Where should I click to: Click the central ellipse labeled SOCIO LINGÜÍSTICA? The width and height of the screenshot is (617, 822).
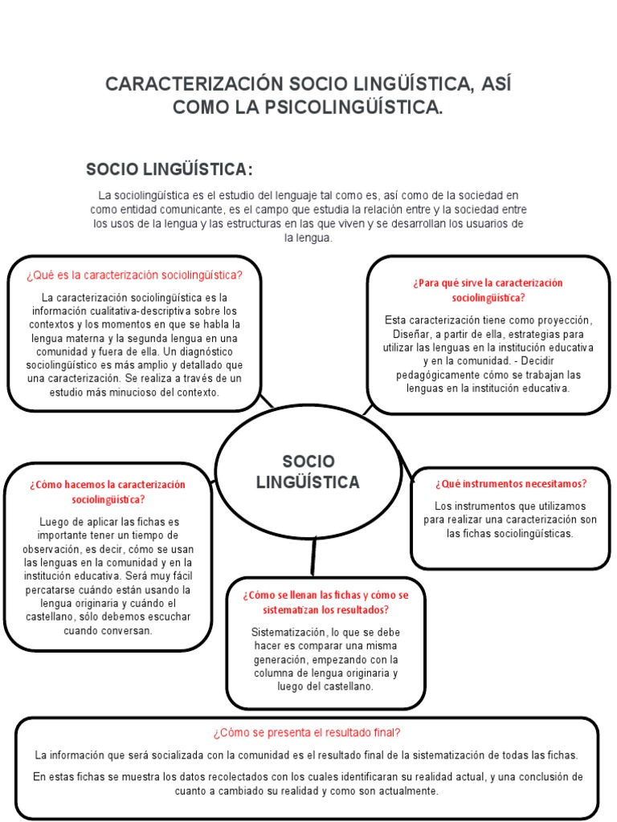[308, 471]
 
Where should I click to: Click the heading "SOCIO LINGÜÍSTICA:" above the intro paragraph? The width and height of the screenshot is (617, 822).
[170, 169]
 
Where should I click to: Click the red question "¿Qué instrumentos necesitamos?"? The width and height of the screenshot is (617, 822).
[511, 483]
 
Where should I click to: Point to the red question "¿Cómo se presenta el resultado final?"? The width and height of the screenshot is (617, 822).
[307, 732]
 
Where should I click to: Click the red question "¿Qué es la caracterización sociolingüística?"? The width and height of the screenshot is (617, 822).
[134, 275]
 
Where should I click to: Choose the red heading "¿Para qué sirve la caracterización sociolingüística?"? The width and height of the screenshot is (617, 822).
[488, 290]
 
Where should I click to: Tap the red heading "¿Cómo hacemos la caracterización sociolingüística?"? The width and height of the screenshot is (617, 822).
[108, 491]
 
